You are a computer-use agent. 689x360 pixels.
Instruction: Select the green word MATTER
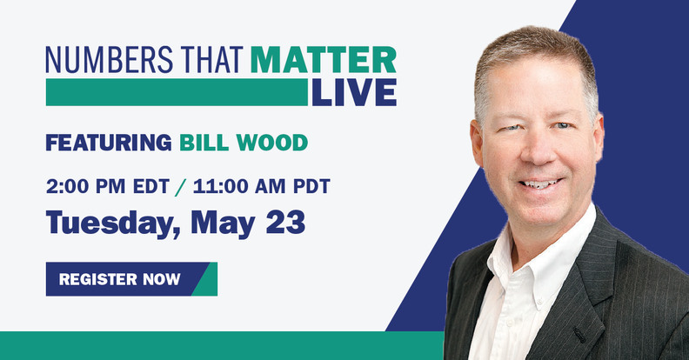click(x=323, y=61)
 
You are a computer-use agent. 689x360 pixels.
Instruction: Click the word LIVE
click(x=353, y=92)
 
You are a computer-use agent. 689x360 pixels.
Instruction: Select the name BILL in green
click(x=208, y=142)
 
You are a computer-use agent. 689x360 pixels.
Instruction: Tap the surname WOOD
click(x=276, y=142)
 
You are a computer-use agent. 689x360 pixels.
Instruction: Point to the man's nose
click(x=542, y=153)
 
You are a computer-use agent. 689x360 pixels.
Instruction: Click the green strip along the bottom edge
click(x=217, y=345)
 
